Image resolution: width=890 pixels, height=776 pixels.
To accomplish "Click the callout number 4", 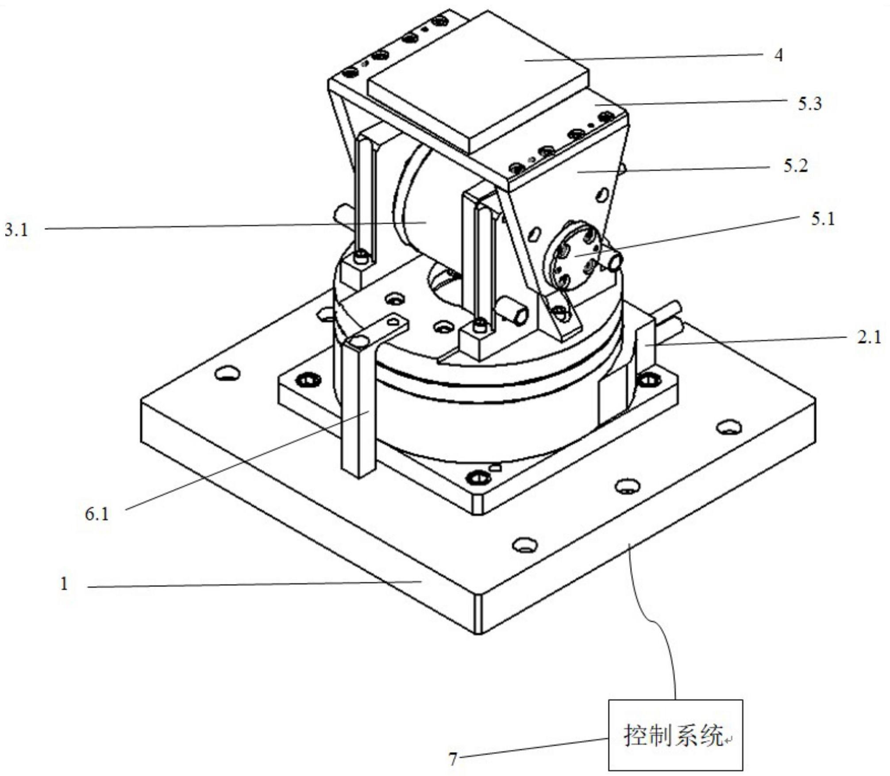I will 778,55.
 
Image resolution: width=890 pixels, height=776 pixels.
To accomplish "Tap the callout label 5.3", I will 809,103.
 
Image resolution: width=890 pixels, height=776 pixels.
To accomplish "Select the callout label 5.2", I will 796,166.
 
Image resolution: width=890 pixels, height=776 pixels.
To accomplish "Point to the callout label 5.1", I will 823,219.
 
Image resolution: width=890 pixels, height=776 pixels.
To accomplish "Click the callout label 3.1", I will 16,230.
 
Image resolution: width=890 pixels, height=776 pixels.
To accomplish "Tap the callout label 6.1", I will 97,514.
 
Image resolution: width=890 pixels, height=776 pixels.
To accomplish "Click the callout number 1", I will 65,584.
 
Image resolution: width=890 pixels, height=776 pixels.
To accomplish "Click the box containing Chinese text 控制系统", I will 675,735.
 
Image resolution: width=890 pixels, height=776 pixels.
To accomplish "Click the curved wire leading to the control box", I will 655,619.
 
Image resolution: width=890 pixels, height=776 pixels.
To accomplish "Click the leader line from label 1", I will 252,585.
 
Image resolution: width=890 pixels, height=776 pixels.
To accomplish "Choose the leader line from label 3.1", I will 221,226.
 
